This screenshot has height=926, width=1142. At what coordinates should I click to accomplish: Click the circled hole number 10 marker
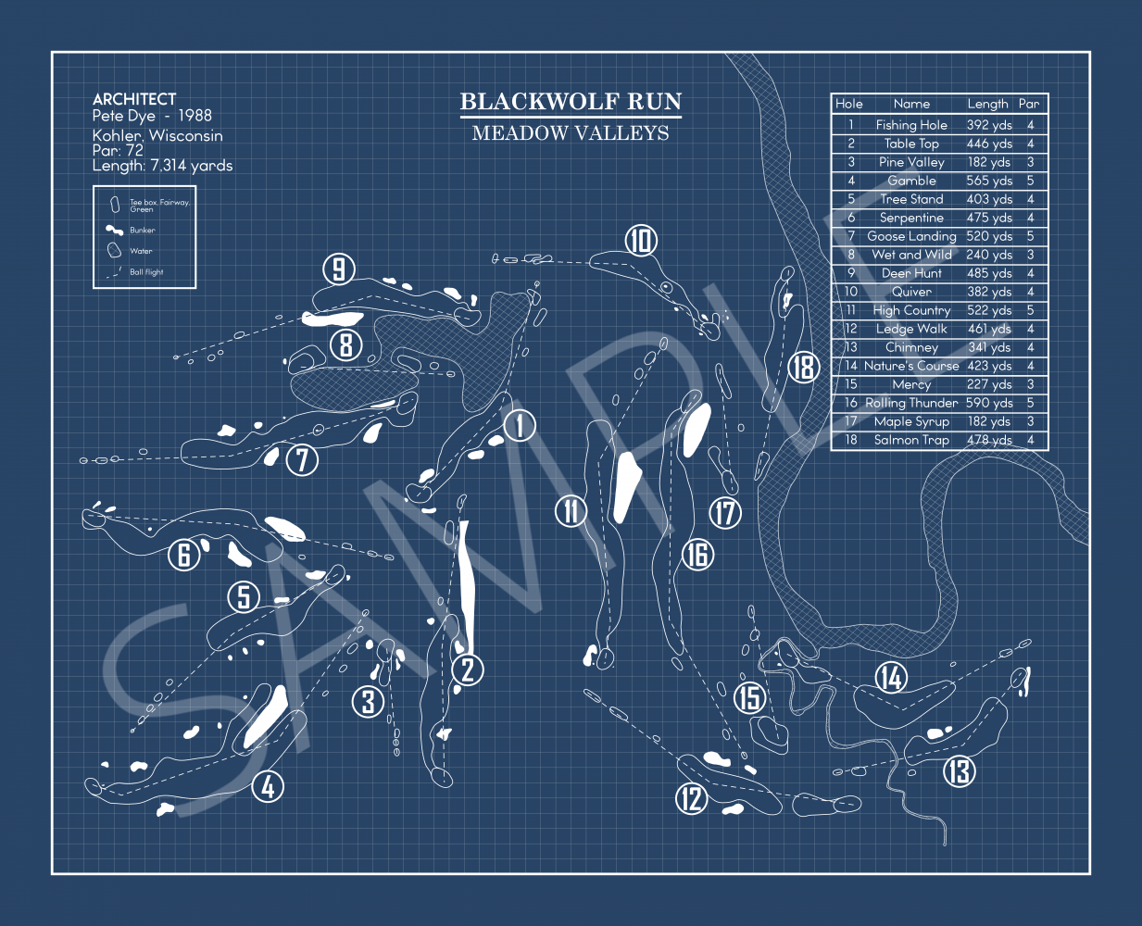click(641, 241)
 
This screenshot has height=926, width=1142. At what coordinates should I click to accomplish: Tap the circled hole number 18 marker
click(804, 368)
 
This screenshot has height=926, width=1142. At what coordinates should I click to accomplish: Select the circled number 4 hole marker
click(268, 787)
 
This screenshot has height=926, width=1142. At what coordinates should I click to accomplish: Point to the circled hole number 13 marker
click(960, 770)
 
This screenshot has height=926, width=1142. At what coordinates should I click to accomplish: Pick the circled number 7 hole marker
click(302, 459)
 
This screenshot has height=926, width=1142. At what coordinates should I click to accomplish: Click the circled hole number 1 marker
click(520, 426)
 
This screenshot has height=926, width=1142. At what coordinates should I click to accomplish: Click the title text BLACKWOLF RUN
click(571, 102)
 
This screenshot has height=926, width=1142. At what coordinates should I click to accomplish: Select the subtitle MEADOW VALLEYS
click(571, 133)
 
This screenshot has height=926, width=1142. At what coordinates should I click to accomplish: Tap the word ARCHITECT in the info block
click(134, 99)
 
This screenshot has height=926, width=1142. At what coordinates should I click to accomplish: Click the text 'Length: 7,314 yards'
click(162, 166)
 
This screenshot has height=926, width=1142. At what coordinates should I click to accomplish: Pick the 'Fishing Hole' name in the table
click(911, 125)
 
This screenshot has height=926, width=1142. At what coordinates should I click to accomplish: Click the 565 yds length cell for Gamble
click(988, 181)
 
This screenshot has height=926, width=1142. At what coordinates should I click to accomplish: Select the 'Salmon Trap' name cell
click(911, 440)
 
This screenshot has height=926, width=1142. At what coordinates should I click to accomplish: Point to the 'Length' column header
click(987, 104)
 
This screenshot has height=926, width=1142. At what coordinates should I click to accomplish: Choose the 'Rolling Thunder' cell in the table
click(911, 403)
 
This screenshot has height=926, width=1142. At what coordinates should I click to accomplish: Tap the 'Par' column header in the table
click(1029, 104)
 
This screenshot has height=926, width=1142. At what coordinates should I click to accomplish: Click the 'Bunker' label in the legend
click(143, 231)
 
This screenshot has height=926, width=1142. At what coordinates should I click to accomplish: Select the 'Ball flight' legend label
click(146, 272)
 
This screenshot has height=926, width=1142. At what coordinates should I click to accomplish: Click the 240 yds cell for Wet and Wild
click(988, 255)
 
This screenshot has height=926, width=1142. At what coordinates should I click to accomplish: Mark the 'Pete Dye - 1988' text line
click(152, 116)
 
